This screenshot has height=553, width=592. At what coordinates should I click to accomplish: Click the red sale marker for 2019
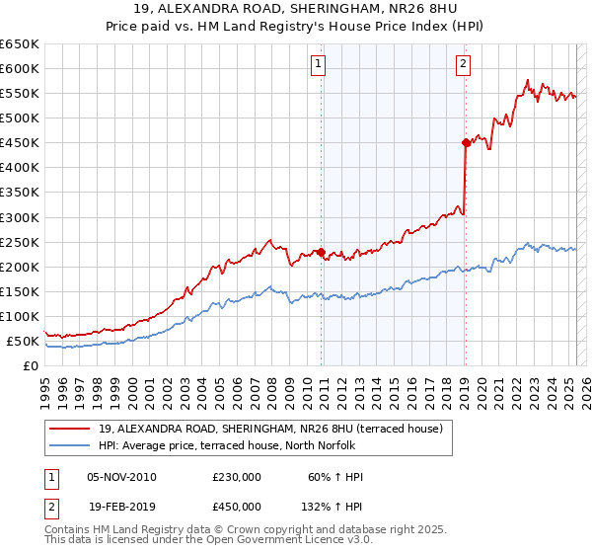click(466, 142)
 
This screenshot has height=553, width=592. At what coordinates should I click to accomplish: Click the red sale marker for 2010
click(322, 251)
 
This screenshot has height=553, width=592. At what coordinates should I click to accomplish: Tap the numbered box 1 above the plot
click(320, 65)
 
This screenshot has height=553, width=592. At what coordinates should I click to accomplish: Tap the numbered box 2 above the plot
click(464, 65)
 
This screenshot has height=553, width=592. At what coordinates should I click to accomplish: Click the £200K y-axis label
click(21, 267)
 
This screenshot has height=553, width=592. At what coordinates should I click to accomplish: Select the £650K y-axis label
click(21, 44)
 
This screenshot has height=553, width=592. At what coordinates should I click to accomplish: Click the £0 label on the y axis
click(31, 365)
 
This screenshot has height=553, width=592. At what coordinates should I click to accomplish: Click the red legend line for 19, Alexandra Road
click(69, 428)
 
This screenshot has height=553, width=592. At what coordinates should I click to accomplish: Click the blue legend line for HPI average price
click(69, 444)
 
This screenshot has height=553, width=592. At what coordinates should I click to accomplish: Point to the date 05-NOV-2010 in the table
click(122, 477)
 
